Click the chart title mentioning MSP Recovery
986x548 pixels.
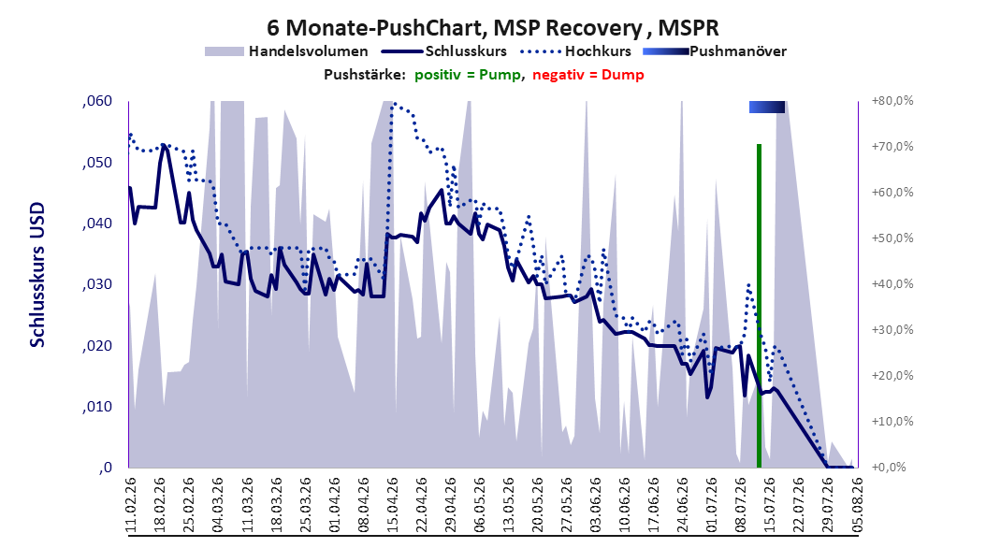click(492, 28)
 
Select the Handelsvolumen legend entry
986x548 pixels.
click(286, 51)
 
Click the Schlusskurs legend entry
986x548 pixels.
click(444, 51)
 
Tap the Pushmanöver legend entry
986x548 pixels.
click(715, 51)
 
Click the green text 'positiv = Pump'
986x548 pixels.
click(467, 75)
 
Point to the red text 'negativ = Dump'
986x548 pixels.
click(588, 75)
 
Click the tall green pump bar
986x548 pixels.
click(759, 306)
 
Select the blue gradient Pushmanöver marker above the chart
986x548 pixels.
click(767, 107)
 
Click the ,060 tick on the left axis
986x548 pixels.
click(97, 101)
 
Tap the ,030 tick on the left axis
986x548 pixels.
click(97, 284)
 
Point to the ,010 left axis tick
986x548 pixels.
click(97, 407)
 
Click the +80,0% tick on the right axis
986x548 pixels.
click(892, 101)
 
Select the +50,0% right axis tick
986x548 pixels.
click(892, 238)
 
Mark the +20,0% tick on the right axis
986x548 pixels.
click(892, 376)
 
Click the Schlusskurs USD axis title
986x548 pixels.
click(37, 275)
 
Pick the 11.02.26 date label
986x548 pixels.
click(131, 505)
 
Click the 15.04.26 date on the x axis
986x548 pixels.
click(392, 505)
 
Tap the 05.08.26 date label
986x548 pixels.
click(857, 505)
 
